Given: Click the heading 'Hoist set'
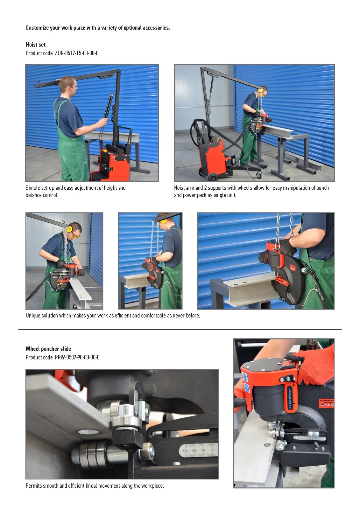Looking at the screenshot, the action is (x=35, y=45).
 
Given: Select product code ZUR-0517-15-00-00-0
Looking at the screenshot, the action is (x=77, y=53).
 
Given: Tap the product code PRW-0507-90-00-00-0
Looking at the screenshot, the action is (x=77, y=357).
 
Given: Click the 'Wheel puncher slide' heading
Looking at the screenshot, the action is (x=48, y=349).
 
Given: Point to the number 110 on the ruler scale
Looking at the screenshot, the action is (x=185, y=451).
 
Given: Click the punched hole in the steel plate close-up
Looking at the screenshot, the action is (x=88, y=432).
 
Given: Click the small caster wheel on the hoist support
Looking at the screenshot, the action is (x=258, y=175).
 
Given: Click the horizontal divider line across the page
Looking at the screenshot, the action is (x=180, y=330).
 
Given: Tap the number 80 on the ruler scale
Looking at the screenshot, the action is (x=212, y=450).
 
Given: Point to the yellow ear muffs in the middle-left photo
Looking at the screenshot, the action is (x=70, y=228).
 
